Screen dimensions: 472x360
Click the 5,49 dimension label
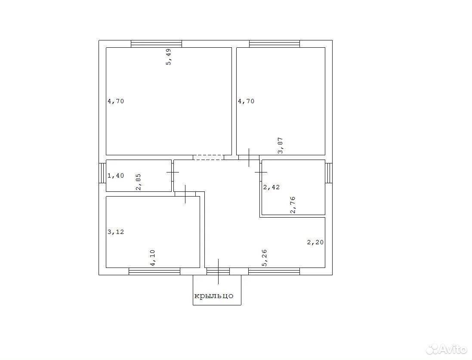coord(169,57)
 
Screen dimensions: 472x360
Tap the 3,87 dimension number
coord(280,145)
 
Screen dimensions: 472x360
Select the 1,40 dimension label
coord(116,175)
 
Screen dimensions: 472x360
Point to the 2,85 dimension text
coord(139,182)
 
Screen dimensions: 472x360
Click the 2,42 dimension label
coord(271,187)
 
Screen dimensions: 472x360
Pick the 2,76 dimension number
coord(293,205)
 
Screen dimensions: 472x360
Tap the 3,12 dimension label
coord(116,232)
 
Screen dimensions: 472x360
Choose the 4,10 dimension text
coord(153,258)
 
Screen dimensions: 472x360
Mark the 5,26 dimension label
coord(265,258)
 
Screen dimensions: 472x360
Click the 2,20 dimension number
coord(315,242)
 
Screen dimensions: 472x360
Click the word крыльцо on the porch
coord(214,296)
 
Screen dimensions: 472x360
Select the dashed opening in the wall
coord(208,157)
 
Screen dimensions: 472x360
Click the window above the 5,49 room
coord(157,44)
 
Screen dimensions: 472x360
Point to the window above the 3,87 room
coord(275,44)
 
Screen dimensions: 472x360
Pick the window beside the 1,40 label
coord(102,173)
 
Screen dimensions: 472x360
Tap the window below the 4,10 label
coord(154,271)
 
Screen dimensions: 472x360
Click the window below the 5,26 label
coord(274,271)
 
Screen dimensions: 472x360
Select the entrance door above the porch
coord(218,271)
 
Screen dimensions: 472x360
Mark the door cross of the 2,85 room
coord(173,172)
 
